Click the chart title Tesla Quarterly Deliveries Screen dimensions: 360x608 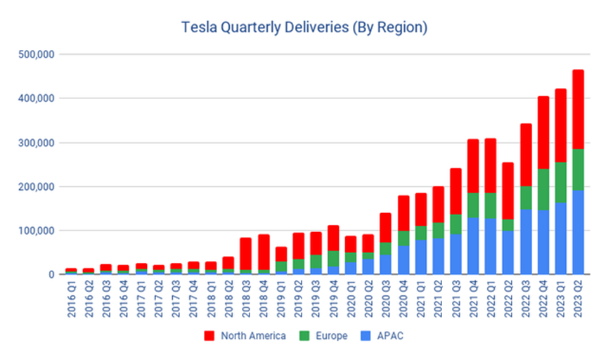click(304, 27)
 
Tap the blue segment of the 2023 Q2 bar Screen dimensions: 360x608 click(578, 232)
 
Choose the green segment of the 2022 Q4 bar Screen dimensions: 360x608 click(543, 189)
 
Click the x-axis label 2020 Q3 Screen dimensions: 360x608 click(386, 299)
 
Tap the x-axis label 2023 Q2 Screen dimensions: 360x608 click(578, 299)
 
